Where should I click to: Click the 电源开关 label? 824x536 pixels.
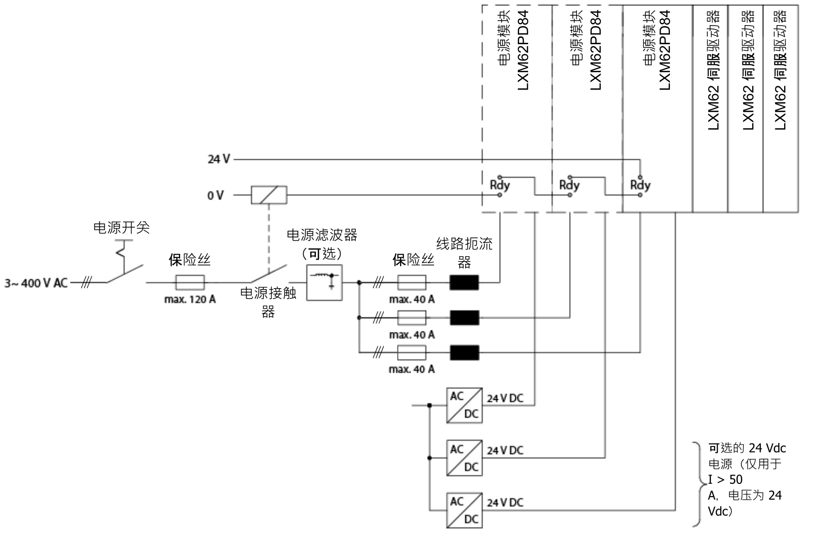click(x=122, y=228)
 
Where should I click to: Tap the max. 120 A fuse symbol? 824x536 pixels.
click(x=190, y=283)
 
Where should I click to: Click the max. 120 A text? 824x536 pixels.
click(x=190, y=299)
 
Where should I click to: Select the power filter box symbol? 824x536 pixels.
click(x=324, y=283)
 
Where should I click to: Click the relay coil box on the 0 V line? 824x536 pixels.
click(x=269, y=195)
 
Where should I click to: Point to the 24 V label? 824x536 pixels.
click(x=218, y=159)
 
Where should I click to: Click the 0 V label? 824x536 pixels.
click(x=215, y=196)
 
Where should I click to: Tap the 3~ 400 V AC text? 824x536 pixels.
click(x=36, y=283)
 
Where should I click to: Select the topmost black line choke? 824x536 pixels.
click(x=464, y=283)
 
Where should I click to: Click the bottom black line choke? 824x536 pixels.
click(x=464, y=353)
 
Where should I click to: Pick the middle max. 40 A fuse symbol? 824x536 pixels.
click(x=412, y=318)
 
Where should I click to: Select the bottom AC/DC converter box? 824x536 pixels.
click(x=464, y=510)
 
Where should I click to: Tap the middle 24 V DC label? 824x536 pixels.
click(x=505, y=450)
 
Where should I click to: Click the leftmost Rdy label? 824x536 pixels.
click(x=500, y=186)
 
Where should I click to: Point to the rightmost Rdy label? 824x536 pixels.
click(x=640, y=186)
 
